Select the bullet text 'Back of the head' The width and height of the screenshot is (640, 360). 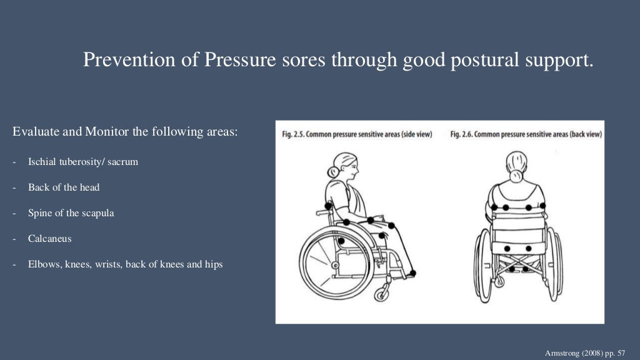click(x=64, y=187)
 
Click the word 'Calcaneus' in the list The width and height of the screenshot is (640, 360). click(x=49, y=239)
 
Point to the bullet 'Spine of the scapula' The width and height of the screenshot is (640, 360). click(x=71, y=213)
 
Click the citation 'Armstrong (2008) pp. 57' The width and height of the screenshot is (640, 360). click(x=586, y=352)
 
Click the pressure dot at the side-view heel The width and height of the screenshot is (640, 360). click(x=412, y=273)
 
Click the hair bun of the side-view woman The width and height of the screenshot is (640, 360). click(x=331, y=172)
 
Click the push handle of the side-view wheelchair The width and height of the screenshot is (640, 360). click(x=321, y=212)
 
